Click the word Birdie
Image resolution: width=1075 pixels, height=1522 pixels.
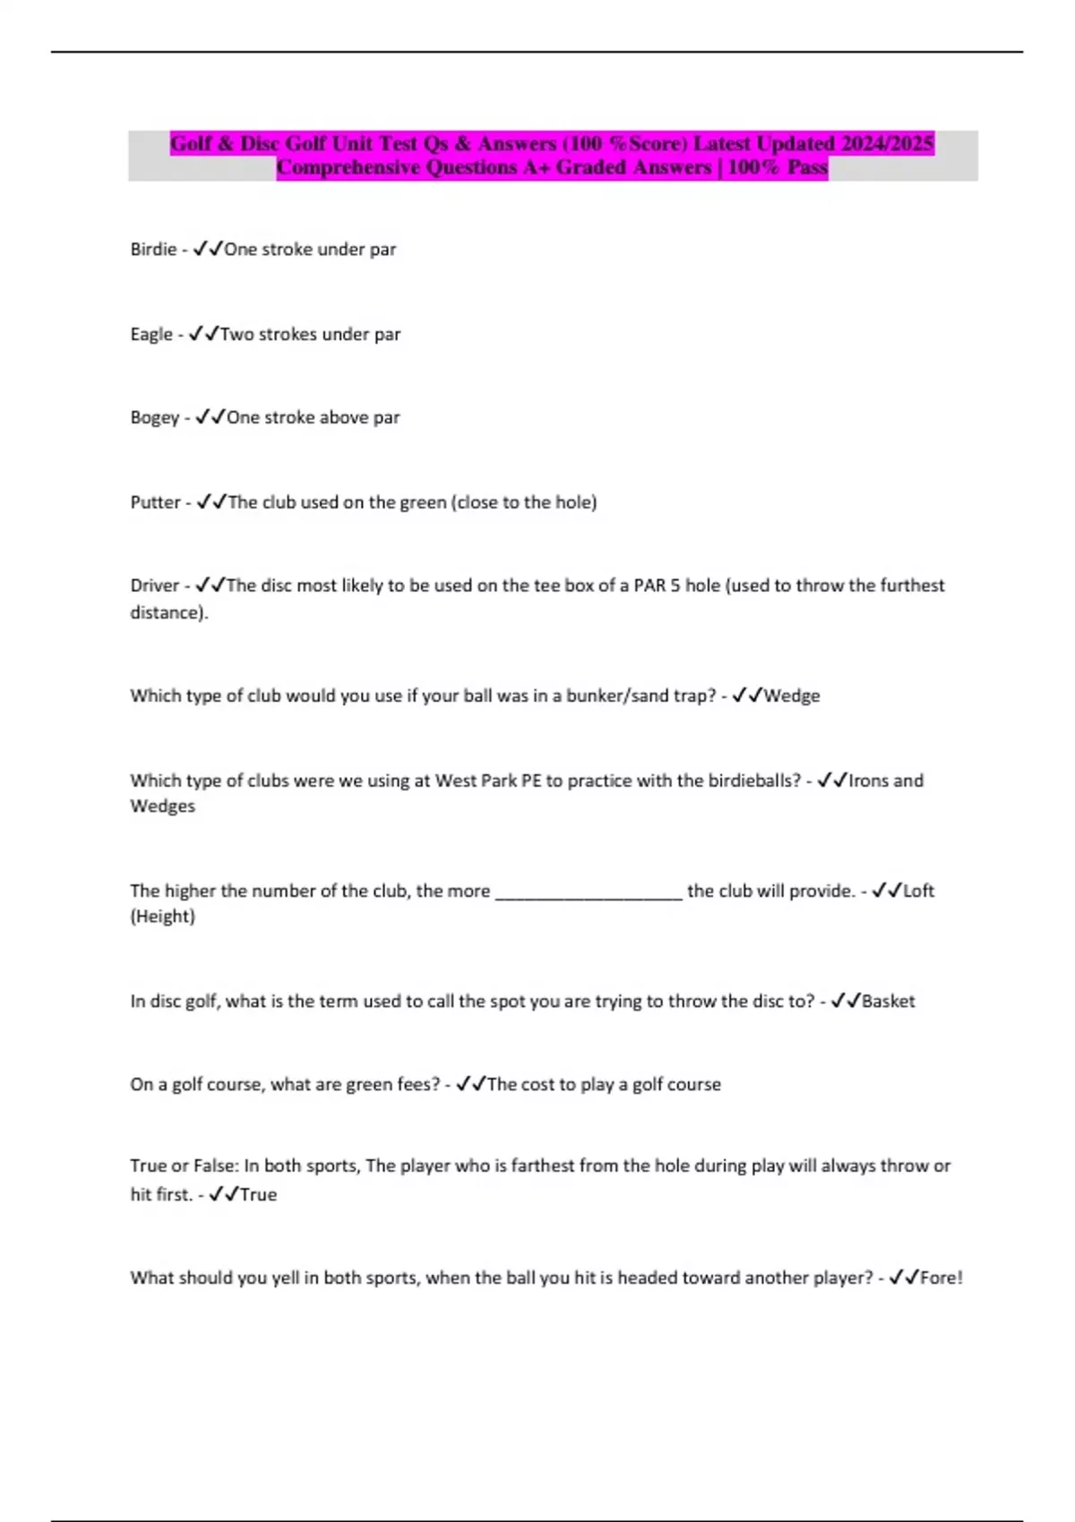[153, 250]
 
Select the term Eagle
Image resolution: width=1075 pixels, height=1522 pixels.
[151, 335]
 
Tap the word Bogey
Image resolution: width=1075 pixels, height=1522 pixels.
[155, 418]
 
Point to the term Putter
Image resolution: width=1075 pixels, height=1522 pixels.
[156, 502]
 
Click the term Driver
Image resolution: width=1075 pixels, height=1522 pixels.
[155, 586]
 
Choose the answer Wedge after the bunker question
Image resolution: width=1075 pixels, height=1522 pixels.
[792, 696]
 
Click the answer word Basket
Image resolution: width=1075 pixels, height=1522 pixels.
[888, 1001]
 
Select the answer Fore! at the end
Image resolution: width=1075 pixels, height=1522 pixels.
[941, 1278]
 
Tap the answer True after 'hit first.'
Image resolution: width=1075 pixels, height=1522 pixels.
[258, 1194]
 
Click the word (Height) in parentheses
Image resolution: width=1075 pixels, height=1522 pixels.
[162, 917]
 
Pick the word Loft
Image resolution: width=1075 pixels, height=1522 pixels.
[918, 891]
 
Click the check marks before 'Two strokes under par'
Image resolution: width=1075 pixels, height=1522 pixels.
[203, 335]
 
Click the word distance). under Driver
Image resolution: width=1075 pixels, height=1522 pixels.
[169, 613]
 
